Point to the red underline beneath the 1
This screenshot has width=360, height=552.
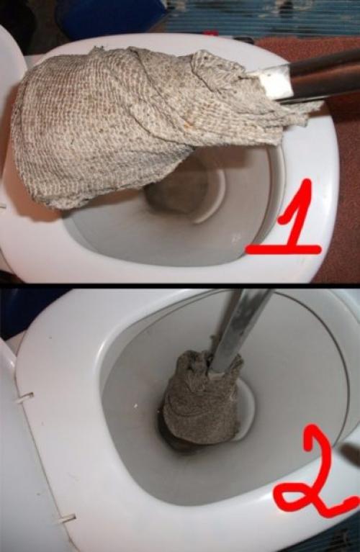[x=283, y=248]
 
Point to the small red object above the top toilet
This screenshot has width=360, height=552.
[x=210, y=33]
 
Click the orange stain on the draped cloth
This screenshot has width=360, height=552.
[x=189, y=124]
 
